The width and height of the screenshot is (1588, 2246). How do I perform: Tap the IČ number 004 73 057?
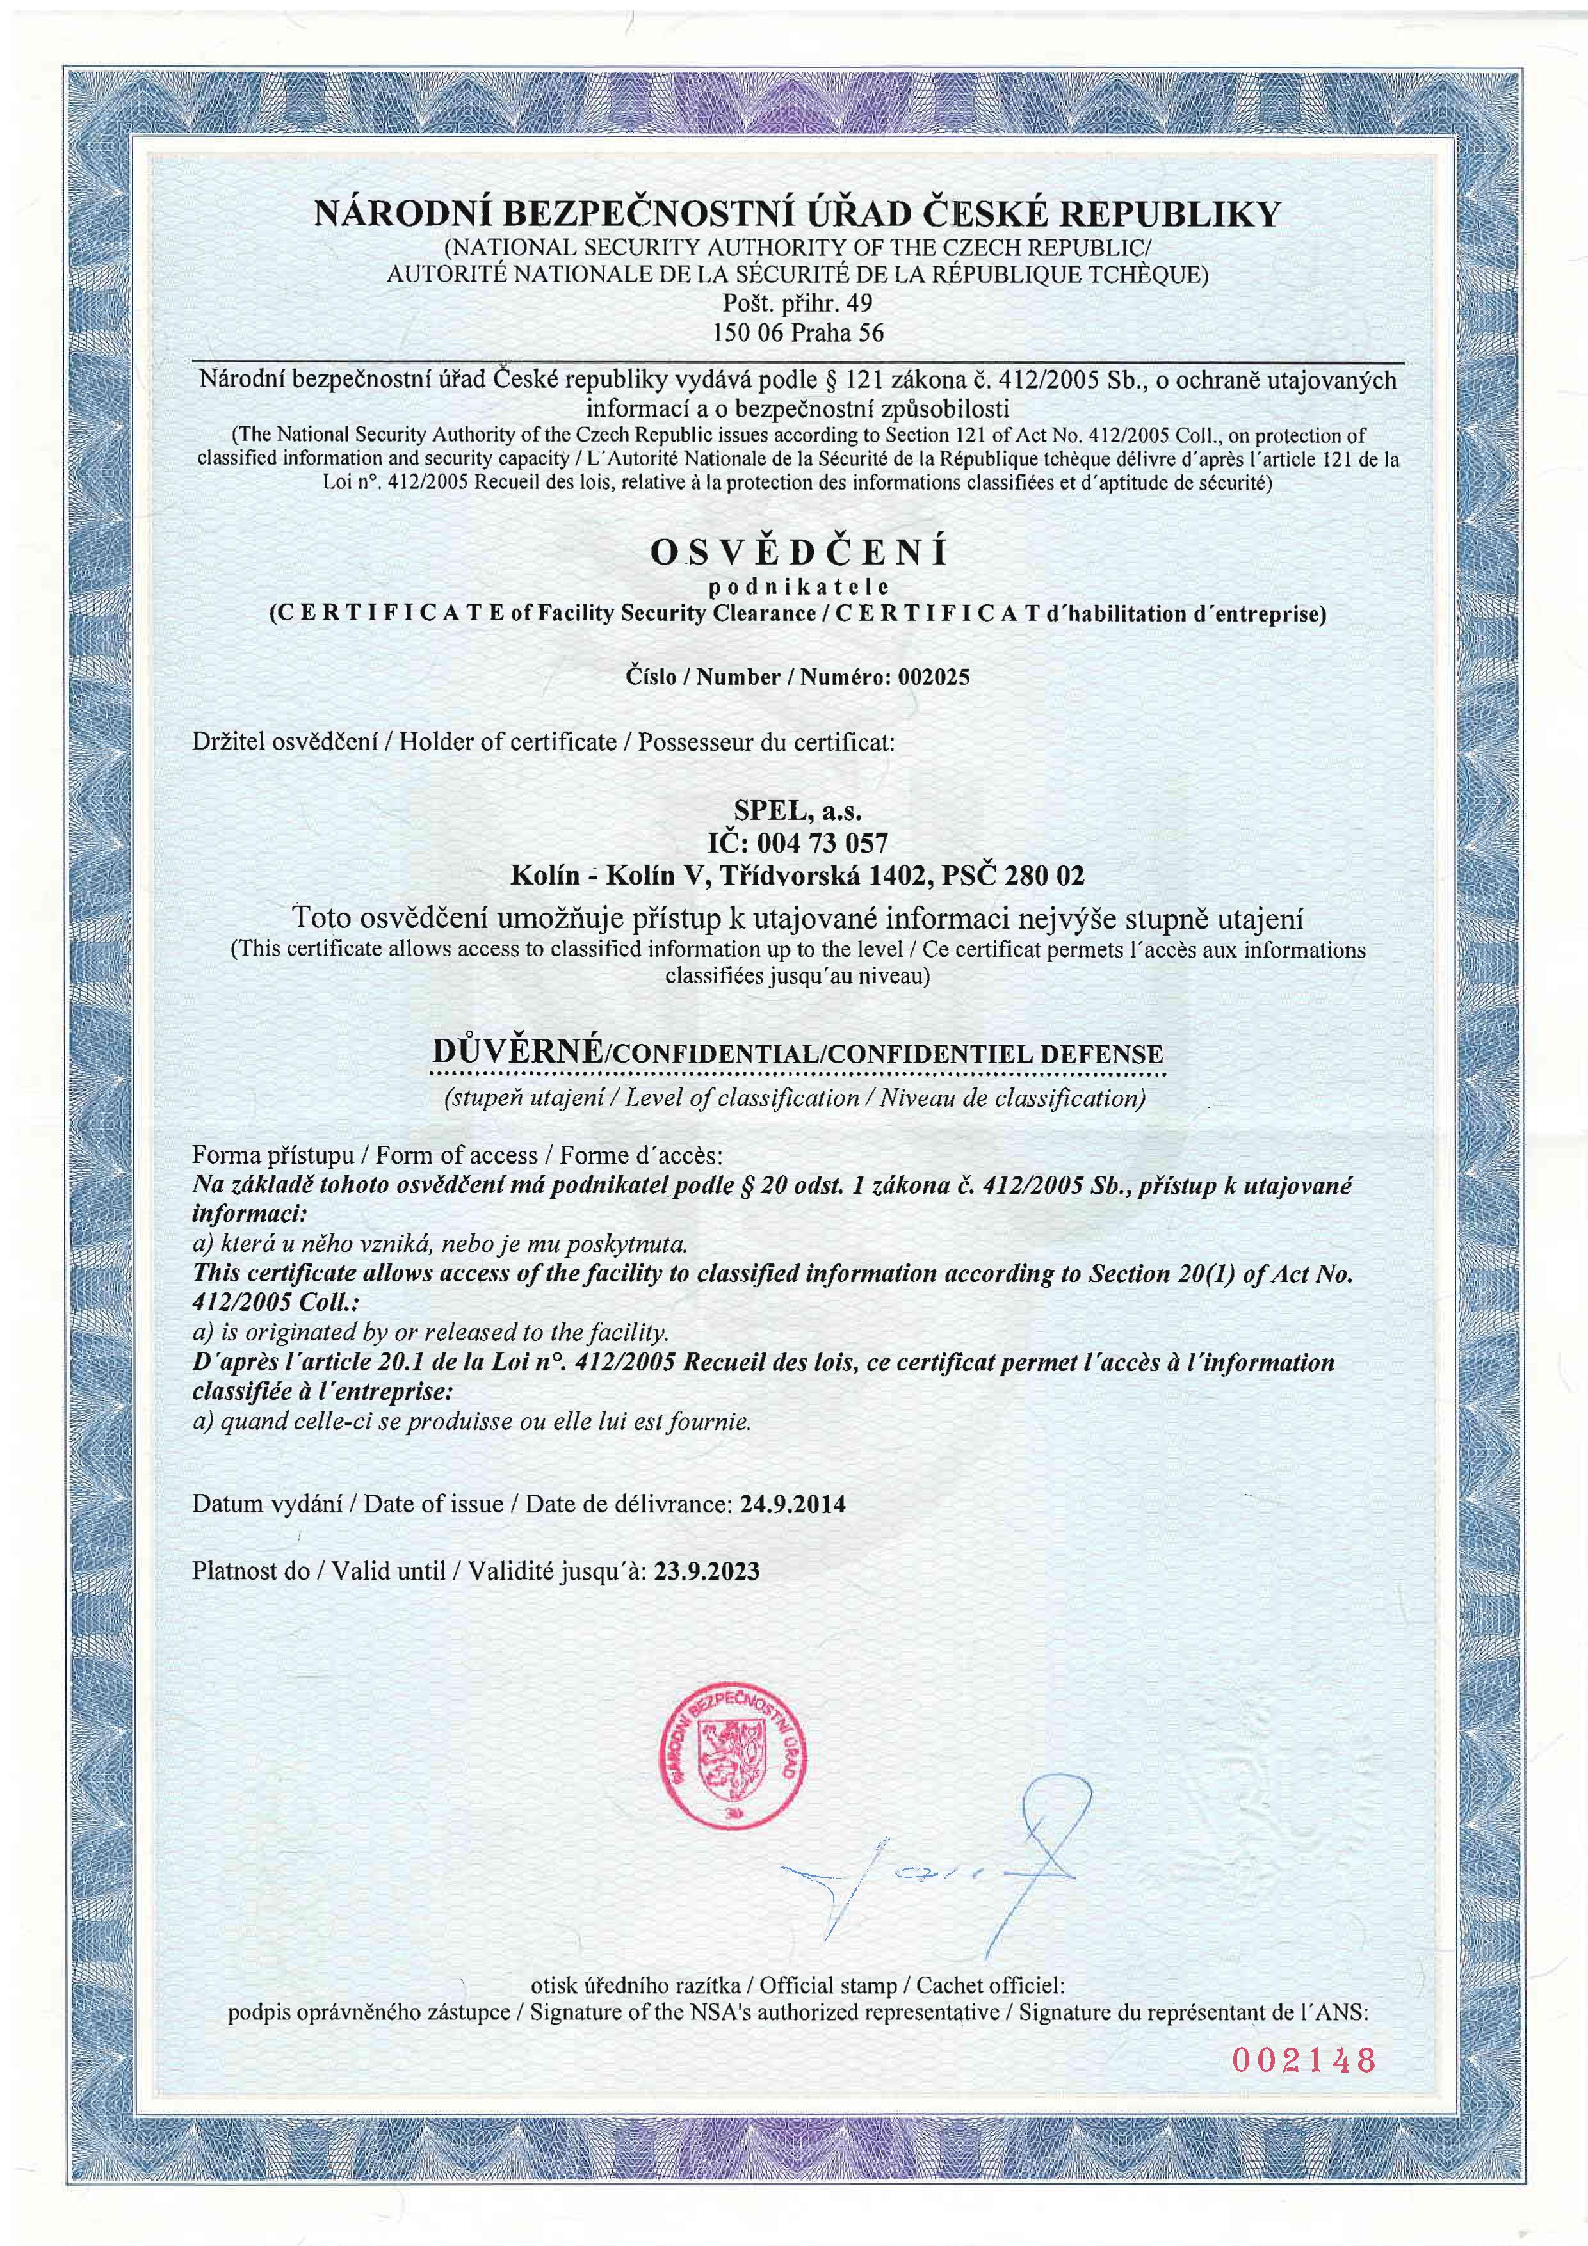[824, 842]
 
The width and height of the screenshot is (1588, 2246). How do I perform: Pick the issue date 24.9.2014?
[793, 1504]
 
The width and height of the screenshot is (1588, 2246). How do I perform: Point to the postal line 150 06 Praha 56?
[798, 333]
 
